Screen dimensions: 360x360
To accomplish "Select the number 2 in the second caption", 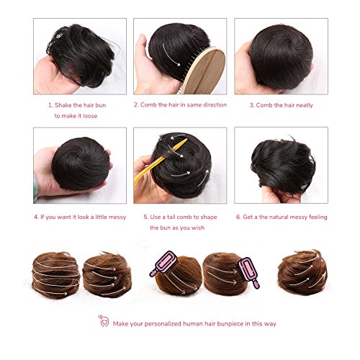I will [135, 104].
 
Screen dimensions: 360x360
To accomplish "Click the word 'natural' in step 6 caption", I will [287, 216].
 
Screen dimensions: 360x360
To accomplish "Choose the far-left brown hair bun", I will [55, 275].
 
